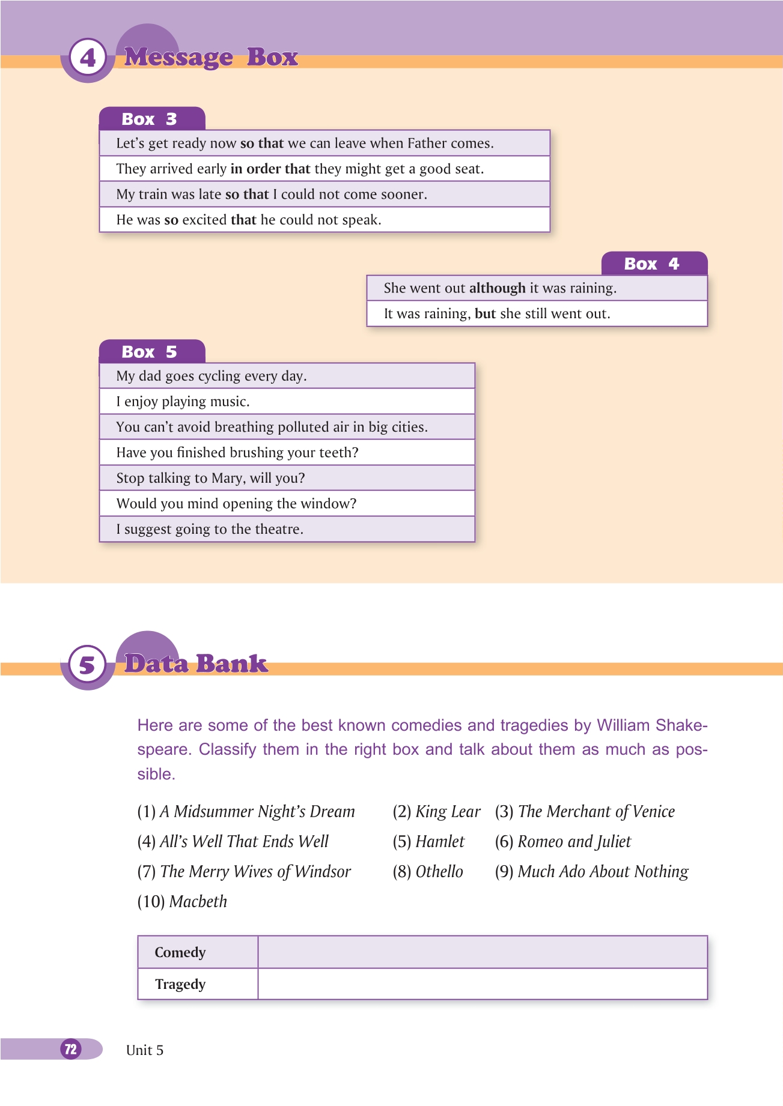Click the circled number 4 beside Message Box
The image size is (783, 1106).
pyautogui.click(x=88, y=58)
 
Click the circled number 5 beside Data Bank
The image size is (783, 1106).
pyautogui.click(x=88, y=665)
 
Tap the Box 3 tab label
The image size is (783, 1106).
pyautogui.click(x=150, y=119)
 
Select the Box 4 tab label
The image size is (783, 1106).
pyautogui.click(x=652, y=264)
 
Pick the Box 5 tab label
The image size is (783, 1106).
pyautogui.click(x=150, y=352)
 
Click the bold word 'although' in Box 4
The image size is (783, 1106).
pyautogui.click(x=497, y=288)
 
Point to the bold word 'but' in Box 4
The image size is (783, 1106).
pyautogui.click(x=485, y=313)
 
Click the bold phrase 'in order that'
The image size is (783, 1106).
pyautogui.click(x=270, y=169)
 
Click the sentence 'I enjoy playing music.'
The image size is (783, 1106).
pyautogui.click(x=183, y=401)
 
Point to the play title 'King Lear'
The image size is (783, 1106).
pyautogui.click(x=448, y=812)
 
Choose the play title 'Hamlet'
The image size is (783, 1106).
pyautogui.click(x=440, y=842)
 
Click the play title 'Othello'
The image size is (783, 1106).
pyautogui.click(x=439, y=872)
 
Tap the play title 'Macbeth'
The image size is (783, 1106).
pyautogui.click(x=198, y=902)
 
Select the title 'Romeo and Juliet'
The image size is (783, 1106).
pyautogui.click(x=574, y=842)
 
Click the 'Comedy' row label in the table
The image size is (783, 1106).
pyautogui.click(x=180, y=952)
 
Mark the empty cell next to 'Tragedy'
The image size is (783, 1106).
pyautogui.click(x=482, y=984)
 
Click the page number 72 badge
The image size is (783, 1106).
pyautogui.click(x=71, y=1049)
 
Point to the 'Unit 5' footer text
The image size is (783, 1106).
pyautogui.click(x=145, y=1050)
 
